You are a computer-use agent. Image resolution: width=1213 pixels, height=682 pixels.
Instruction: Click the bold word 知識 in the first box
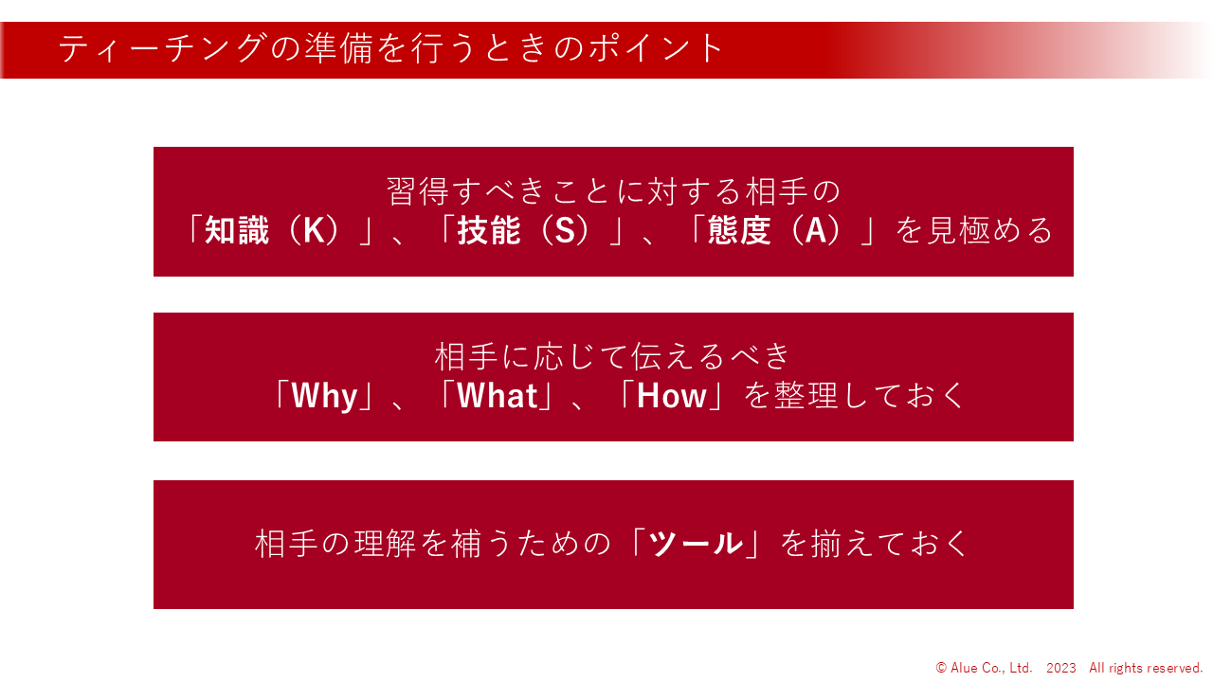click(x=237, y=230)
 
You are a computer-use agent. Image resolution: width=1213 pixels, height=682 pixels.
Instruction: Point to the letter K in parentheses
click(x=314, y=230)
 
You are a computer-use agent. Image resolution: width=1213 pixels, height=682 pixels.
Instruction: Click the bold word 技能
click(x=489, y=230)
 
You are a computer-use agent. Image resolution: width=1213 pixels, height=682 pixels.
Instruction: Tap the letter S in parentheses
click(x=565, y=230)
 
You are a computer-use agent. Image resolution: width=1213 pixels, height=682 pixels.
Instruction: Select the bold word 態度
click(x=739, y=230)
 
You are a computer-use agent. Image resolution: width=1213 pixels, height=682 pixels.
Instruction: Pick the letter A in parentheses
click(x=816, y=230)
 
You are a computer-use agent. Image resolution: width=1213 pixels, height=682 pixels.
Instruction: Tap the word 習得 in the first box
click(x=418, y=191)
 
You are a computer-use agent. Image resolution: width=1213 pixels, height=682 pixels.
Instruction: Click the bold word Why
click(x=324, y=396)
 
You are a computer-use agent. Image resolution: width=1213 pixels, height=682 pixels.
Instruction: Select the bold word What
click(x=498, y=396)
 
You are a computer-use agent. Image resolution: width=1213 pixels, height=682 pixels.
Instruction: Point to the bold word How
click(x=672, y=396)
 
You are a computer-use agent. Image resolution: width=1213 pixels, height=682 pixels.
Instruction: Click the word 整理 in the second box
click(x=806, y=396)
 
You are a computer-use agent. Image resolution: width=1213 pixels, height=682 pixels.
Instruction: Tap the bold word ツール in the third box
click(x=696, y=544)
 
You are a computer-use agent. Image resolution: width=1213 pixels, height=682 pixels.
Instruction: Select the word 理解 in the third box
click(x=385, y=544)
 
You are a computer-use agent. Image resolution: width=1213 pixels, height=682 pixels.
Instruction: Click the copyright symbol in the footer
click(x=941, y=668)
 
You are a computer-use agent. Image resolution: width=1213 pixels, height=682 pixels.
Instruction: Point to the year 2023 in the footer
click(x=1060, y=668)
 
